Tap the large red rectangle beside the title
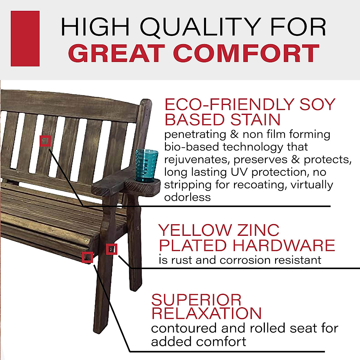(25, 38)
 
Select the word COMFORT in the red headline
(246, 53)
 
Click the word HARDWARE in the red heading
(284, 245)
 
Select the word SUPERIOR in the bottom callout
(196, 300)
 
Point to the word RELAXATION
(206, 313)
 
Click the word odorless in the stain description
(187, 197)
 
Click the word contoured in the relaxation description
(184, 328)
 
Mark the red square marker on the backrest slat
(45, 141)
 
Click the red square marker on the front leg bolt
(112, 249)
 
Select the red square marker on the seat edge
(87, 257)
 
